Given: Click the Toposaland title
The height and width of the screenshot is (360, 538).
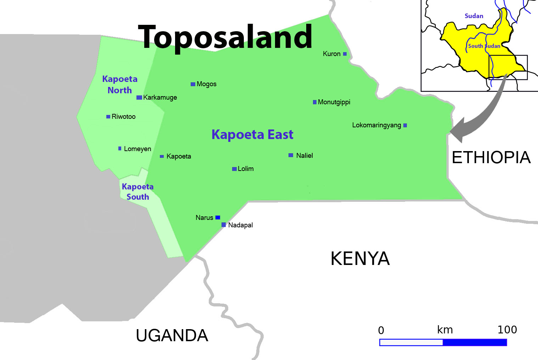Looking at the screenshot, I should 225,37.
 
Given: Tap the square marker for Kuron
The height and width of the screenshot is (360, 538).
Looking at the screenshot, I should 345,54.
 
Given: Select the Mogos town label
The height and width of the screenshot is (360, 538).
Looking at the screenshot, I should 206,84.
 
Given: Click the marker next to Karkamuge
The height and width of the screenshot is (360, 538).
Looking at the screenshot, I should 139,98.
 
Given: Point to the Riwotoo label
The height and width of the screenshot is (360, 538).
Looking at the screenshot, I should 123,117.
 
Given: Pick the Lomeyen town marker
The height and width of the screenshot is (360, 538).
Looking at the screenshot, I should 120,149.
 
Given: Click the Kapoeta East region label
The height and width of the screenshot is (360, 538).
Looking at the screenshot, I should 252,135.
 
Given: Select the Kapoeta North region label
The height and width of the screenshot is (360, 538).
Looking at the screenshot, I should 120,84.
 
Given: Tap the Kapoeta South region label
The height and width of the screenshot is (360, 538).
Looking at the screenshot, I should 138,192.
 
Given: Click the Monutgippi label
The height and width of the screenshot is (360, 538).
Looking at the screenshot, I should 334,102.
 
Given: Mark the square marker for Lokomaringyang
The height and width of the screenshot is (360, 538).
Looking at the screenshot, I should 405,125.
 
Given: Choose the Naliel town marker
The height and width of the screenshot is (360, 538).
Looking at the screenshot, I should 291,155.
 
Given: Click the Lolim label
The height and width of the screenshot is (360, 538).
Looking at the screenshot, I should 246,169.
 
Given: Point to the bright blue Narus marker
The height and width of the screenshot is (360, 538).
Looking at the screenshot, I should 218,217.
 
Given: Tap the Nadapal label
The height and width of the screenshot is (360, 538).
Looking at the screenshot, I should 240,225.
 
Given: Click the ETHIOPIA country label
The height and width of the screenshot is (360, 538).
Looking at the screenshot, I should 491,157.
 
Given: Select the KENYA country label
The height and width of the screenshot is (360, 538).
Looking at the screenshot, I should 360,259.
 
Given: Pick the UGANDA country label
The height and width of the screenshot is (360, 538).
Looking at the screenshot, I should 172,336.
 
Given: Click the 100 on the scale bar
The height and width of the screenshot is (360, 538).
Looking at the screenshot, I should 507,330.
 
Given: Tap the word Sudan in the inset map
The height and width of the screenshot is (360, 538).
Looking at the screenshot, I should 474,16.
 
